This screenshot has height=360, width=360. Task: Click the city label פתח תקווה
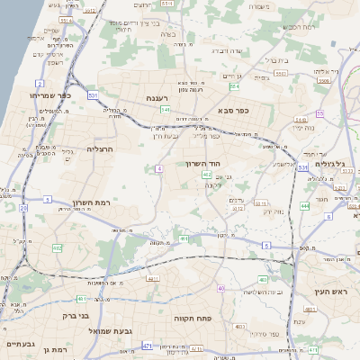tap(193, 319)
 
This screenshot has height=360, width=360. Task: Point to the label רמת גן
tap(56, 348)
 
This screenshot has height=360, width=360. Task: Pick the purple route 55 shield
tap(319, 114)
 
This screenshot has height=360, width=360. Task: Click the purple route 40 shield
tap(220, 289)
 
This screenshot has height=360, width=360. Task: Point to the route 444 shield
tap(304, 206)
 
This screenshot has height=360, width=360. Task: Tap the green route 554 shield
tap(235, 87)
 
